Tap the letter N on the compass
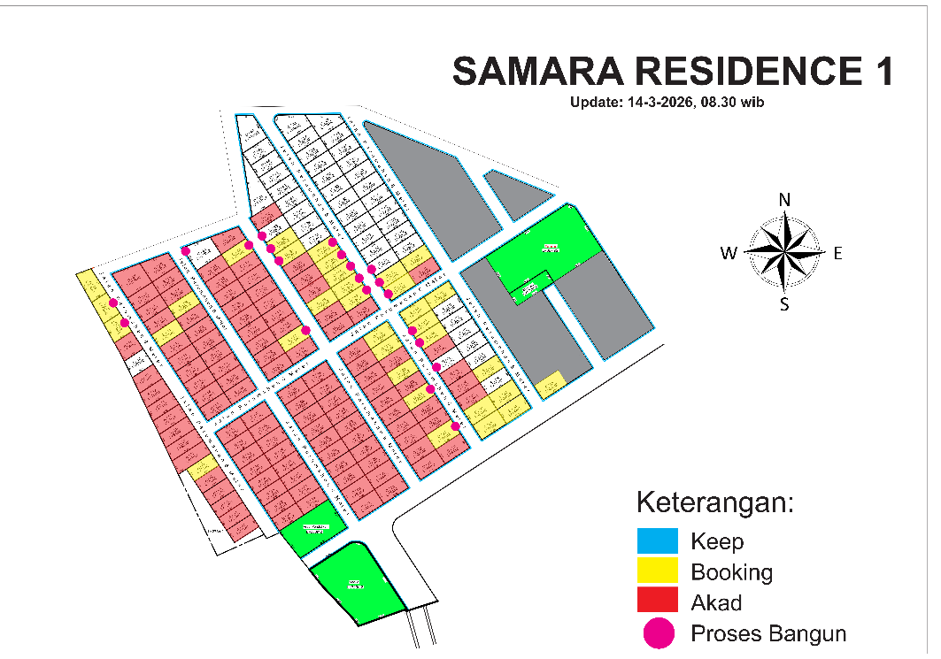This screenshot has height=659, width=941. coord(783,200)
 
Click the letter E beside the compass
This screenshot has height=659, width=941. coord(837,254)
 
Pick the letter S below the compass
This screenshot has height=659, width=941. coord(783,305)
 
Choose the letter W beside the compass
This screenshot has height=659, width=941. coord(729,254)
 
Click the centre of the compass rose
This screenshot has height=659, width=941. coord(783,252)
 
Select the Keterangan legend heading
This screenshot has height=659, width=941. coord(715,502)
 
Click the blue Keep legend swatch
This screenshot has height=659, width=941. coord(657,540)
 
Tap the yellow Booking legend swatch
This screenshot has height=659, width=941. coord(657,571)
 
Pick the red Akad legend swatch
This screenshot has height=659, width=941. coord(657,602)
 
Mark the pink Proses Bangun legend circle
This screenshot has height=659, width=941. coord(657,633)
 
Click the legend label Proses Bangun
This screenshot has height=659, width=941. coord(768,633)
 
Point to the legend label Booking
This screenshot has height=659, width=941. coord(731,571)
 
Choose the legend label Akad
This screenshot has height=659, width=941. coord(716,602)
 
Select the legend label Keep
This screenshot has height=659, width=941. coord(717,540)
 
